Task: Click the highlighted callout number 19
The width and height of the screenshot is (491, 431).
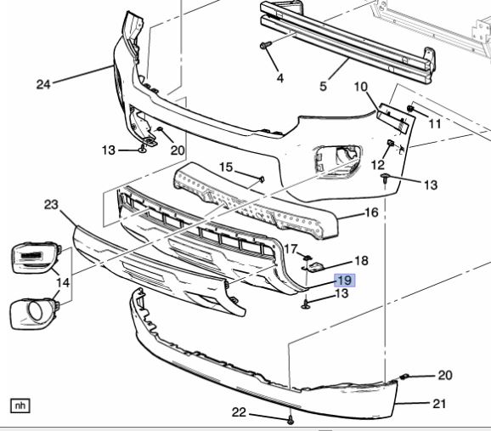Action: pyautogui.click(x=345, y=280)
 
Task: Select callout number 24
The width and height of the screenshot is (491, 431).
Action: pyautogui.click(x=43, y=83)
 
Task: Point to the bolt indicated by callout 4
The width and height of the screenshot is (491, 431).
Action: pyautogui.click(x=266, y=43)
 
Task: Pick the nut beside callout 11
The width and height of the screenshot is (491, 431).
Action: pyautogui.click(x=411, y=111)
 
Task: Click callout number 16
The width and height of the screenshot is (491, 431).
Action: pyautogui.click(x=371, y=213)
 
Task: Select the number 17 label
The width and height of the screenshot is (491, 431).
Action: pyautogui.click(x=291, y=250)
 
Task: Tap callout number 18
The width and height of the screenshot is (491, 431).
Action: pyautogui.click(x=360, y=260)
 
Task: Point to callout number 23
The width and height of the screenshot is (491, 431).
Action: pyautogui.click(x=50, y=204)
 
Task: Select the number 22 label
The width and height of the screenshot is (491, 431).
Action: pyautogui.click(x=239, y=412)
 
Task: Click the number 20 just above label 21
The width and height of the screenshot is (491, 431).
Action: pyautogui.click(x=445, y=375)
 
